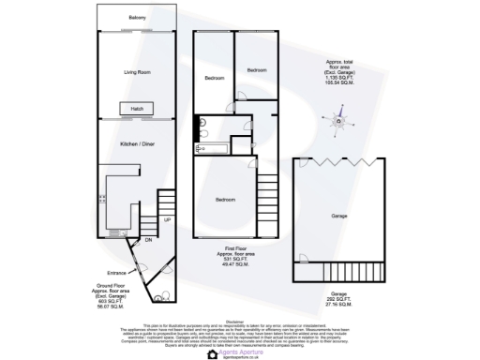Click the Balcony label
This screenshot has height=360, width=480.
tap(137, 18)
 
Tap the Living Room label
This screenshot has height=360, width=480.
tap(137, 71)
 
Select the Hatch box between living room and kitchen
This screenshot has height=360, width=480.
tap(137, 109)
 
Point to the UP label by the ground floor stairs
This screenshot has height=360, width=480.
tap(167, 220)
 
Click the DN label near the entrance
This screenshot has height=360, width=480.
tap(148, 240)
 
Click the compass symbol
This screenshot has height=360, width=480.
tap(341, 120)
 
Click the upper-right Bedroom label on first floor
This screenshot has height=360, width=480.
tap(257, 70)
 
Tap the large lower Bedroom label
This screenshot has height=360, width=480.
tap(226, 200)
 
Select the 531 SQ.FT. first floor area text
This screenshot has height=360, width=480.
tap(226, 261)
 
